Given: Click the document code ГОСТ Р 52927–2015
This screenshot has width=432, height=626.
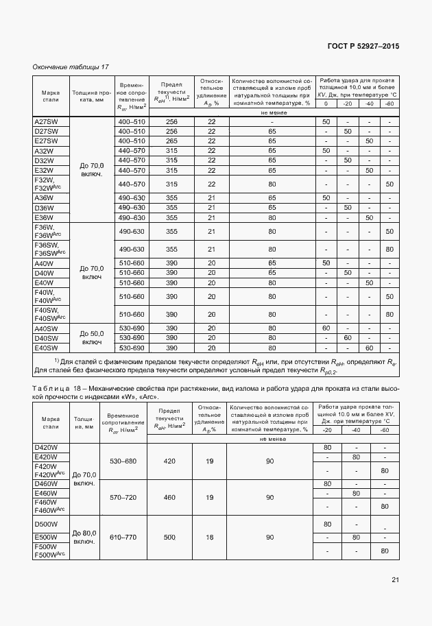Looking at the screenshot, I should click(x=364, y=46).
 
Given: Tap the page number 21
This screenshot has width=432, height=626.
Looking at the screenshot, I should click(x=395, y=580).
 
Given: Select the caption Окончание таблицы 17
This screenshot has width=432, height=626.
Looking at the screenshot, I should click(x=71, y=67).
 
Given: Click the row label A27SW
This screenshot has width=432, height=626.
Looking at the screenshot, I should click(x=45, y=121).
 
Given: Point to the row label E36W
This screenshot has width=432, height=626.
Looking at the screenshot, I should click(x=44, y=217).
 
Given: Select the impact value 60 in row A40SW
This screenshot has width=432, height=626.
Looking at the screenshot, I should click(x=326, y=328).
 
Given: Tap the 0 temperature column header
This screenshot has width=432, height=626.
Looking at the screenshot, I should click(x=326, y=104).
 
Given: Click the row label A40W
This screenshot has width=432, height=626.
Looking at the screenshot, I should click(x=44, y=263).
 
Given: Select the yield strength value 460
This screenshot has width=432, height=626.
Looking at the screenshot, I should click(x=169, y=497).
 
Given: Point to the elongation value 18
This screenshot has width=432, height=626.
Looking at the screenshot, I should click(x=209, y=537).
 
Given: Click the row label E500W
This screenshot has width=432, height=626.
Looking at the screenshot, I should click(x=45, y=537).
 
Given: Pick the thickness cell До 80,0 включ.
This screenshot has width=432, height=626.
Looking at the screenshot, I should click(x=84, y=537).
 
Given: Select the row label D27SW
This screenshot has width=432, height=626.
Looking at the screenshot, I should click(x=45, y=131).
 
